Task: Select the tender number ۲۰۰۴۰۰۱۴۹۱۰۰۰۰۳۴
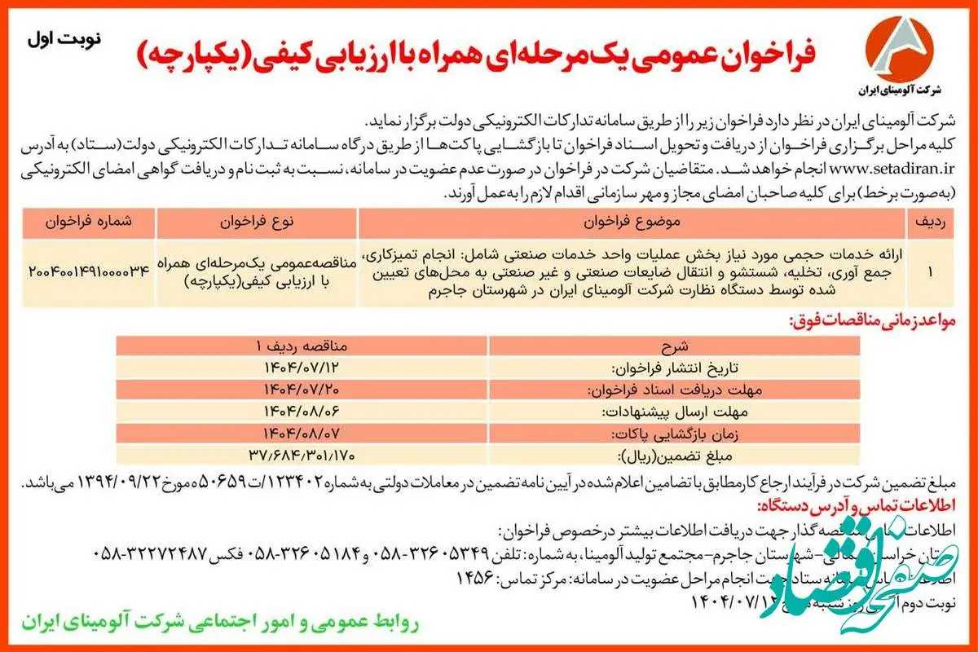coord(90,271)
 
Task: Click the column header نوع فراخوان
coord(257,222)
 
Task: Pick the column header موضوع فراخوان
coord(632,222)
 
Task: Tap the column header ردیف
coord(930,222)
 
